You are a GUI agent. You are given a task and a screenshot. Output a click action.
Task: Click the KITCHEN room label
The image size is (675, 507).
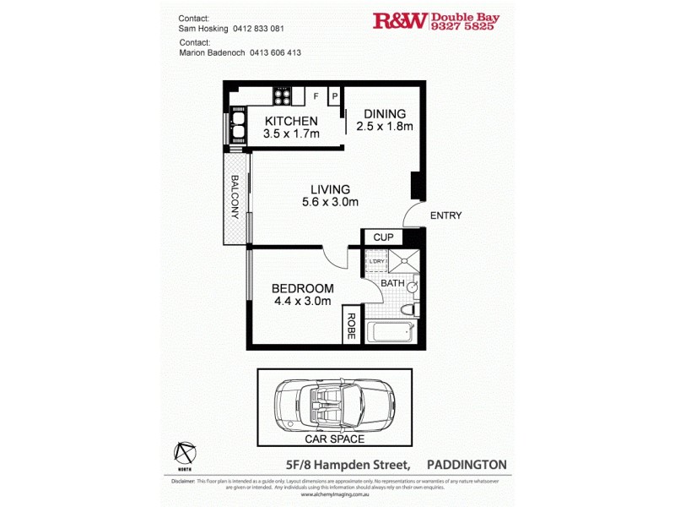coord(291,121)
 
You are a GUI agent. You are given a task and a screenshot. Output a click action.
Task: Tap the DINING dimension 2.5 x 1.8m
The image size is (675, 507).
coord(385,127)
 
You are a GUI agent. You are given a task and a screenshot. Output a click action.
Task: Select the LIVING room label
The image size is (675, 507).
coord(330,189)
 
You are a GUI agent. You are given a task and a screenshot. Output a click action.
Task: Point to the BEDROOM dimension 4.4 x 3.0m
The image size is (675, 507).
coord(301,301)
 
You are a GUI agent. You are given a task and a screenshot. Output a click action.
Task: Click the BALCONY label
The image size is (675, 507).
coord(235,197)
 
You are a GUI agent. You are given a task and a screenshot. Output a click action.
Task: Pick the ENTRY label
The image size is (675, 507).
coord(445,215)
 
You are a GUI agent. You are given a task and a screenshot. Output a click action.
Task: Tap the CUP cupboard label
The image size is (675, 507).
coord(383,237)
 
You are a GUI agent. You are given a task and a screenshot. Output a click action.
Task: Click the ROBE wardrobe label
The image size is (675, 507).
coord(349,327)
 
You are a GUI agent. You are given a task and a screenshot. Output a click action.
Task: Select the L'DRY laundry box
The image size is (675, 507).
coord(376,262)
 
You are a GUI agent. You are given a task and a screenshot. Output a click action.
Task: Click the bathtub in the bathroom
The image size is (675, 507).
coord(388,332)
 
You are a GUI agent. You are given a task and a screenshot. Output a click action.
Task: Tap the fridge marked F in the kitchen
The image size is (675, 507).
coord(316,96)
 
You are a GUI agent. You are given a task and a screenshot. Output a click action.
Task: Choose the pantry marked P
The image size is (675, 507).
coord(334,96)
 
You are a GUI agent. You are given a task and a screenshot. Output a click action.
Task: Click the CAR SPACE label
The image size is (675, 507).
coord(334,439)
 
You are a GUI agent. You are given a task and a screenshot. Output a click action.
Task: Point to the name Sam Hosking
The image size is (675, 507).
coord(208,28)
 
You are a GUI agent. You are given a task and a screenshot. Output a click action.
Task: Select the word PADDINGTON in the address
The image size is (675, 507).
coord(467,465)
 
